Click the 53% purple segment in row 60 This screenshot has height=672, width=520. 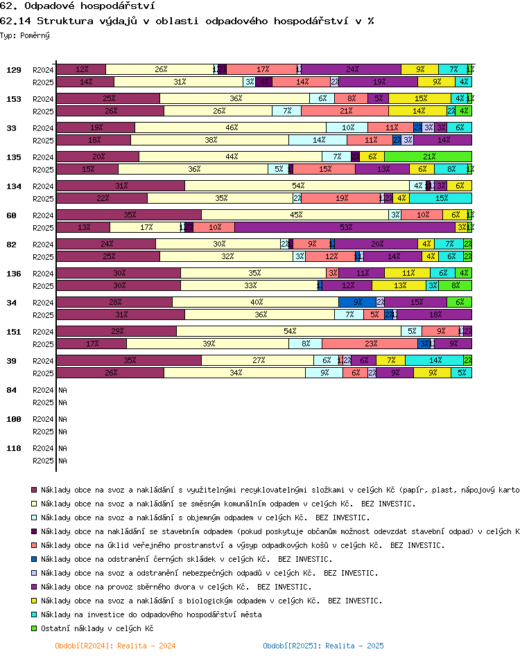point(345,227)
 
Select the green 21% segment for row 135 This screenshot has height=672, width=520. point(428,157)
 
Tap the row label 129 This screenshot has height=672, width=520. point(13,70)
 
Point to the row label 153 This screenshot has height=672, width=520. point(13,99)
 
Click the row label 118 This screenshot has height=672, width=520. point(13,448)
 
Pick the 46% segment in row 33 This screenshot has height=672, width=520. point(231,127)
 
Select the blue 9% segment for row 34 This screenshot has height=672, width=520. point(357,302)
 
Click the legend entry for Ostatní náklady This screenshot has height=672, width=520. point(96,628)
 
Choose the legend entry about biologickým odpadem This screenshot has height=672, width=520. point(211,601)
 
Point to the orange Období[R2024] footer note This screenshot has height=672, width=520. point(114,646)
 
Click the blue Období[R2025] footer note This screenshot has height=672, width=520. point(322,646)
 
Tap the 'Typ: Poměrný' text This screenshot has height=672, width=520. point(25,35)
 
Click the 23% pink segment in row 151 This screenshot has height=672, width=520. point(370,344)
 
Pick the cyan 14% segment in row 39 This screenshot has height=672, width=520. point(435,360)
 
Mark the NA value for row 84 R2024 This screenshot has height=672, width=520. point(62,390)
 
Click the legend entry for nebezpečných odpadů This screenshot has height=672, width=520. point(209,573)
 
